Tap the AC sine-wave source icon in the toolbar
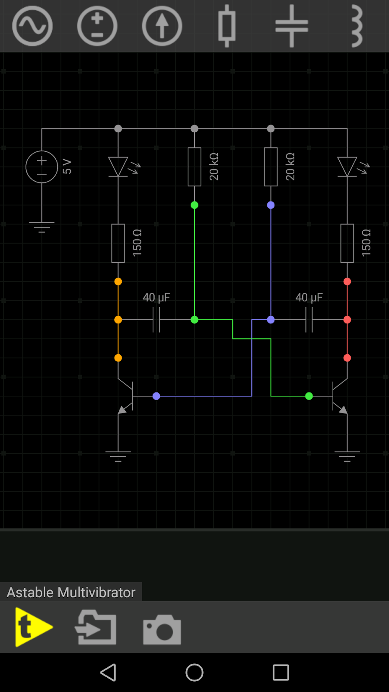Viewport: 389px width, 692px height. (32, 26)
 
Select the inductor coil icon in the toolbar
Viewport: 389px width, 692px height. (357, 26)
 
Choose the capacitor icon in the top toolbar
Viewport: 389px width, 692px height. (292, 26)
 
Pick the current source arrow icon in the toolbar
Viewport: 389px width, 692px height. (162, 26)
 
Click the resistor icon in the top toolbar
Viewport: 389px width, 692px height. (227, 26)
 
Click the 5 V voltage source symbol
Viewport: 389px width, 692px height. (41, 167)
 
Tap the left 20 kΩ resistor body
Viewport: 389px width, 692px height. (194, 167)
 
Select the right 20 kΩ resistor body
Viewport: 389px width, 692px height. (271, 167)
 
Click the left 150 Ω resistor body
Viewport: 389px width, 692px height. (118, 243)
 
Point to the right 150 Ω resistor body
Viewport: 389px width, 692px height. (347, 243)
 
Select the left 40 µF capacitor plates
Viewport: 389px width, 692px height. (156, 320)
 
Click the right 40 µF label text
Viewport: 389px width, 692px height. (309, 298)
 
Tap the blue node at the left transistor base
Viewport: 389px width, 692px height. (156, 396)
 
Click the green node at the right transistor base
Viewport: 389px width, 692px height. (309, 396)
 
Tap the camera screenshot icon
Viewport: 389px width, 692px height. (162, 629)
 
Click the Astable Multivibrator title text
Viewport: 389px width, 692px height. (71, 593)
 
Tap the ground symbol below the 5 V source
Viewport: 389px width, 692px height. (41, 227)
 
